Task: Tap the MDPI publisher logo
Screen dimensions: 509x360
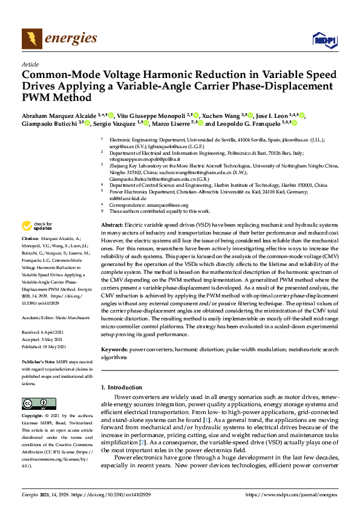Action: [x=323, y=40]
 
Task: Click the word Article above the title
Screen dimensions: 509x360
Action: [x=30, y=64]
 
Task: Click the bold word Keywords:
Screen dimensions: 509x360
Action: [x=115, y=349]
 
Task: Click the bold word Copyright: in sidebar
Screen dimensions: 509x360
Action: [x=33, y=417]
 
